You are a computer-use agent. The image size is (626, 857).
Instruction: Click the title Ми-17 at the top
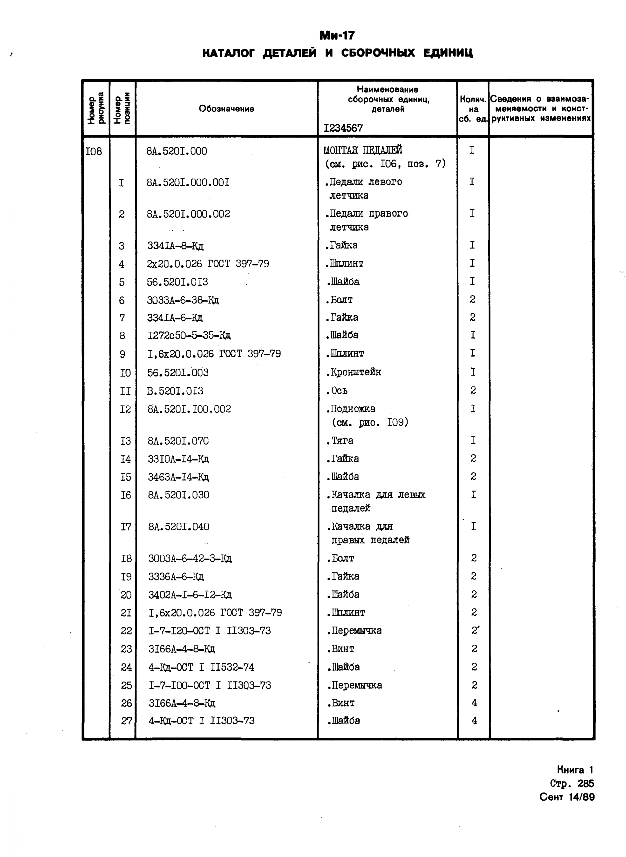(x=337, y=36)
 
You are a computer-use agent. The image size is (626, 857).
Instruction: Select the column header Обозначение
(x=226, y=109)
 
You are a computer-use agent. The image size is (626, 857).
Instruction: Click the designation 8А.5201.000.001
(x=188, y=183)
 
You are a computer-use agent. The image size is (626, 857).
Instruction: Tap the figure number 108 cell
(x=94, y=152)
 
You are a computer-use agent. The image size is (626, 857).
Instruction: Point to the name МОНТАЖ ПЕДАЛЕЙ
(x=363, y=150)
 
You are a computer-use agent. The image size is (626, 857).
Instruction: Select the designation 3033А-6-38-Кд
(x=183, y=300)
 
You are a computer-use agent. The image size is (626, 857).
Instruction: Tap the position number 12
(x=125, y=409)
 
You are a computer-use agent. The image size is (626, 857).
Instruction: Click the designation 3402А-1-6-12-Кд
(x=190, y=594)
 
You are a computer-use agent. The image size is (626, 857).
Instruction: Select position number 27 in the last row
(x=126, y=721)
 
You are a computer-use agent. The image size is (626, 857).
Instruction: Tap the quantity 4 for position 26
(x=474, y=703)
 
